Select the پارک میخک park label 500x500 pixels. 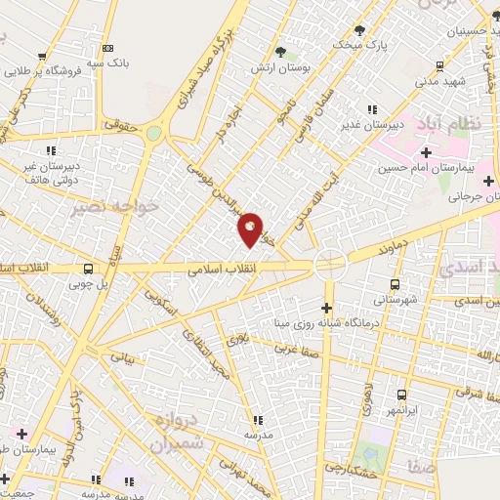[x=355, y=45]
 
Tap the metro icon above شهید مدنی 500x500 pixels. [x=440, y=66]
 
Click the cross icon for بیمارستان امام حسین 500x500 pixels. [x=425, y=152]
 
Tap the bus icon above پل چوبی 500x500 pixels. [x=89, y=270]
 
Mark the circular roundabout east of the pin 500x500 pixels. [x=329, y=263]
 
